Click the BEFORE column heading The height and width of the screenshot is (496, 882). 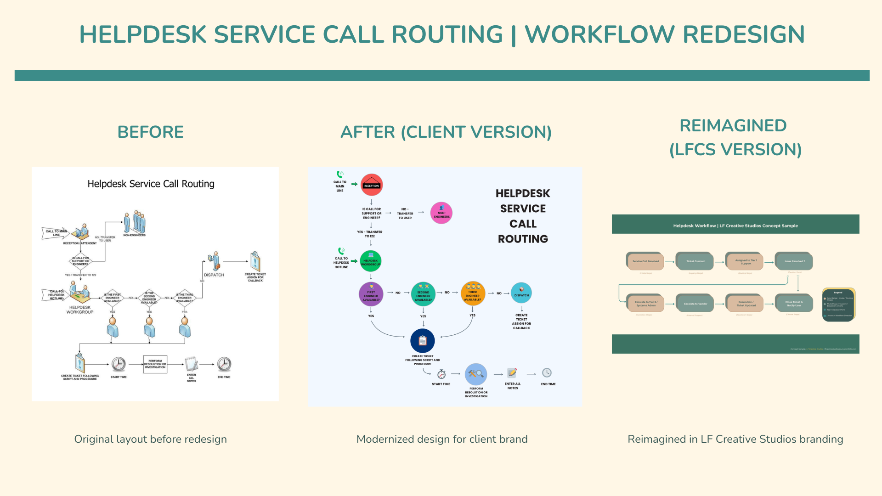point(151,132)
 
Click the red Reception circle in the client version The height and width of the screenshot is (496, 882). point(372,185)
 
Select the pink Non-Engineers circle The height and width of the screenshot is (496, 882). point(441,213)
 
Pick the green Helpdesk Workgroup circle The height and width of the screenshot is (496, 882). point(371,261)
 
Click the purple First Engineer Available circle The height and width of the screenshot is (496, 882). point(371,294)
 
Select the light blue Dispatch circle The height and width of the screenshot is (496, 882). point(521,293)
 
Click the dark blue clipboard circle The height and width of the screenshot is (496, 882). point(423,341)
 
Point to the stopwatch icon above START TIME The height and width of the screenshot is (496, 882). point(441,374)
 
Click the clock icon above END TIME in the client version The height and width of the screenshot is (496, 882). point(547,373)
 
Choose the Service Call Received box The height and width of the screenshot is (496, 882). point(645,261)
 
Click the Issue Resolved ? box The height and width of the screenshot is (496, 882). point(794,261)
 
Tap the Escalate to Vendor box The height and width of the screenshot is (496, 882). point(695,304)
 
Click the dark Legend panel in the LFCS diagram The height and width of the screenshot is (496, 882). point(838,304)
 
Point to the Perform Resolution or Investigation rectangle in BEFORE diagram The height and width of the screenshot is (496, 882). point(155,364)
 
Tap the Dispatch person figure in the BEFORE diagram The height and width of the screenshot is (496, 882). point(214,261)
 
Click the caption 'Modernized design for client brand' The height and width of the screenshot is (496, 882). point(442,440)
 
